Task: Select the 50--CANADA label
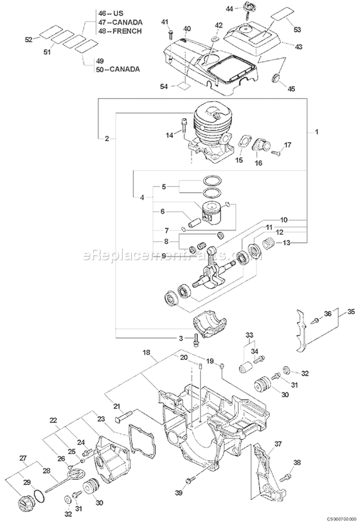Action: coord(118,69)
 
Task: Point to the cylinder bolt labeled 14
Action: coord(184,126)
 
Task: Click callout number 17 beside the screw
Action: coord(288,145)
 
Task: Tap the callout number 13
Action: coord(287,243)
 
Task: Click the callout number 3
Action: coord(181,338)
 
